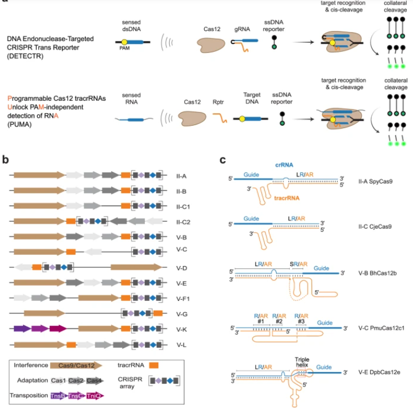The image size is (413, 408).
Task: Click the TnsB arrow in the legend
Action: [56, 396]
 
